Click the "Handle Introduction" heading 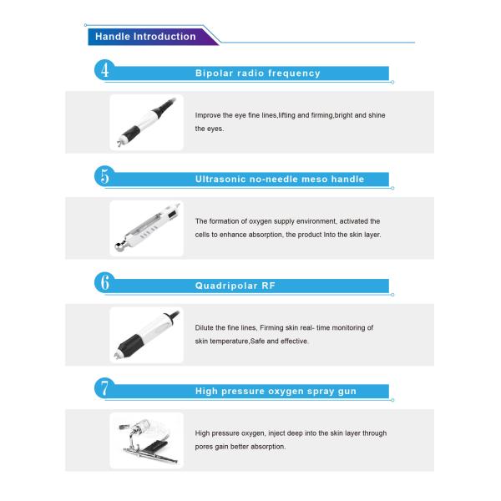point(145,37)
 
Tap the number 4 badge point(105,70)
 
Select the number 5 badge point(105,176)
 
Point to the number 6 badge point(105,282)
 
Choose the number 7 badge point(105,388)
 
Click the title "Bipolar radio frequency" point(257,73)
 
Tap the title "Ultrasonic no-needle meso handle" point(280,180)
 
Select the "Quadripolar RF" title point(235,286)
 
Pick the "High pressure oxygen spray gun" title point(276,391)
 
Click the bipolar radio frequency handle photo point(147,123)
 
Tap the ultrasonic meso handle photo point(147,229)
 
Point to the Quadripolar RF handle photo point(147,335)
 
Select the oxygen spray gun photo point(147,441)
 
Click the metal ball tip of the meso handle point(119,246)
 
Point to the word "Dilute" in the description point(205,328)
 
